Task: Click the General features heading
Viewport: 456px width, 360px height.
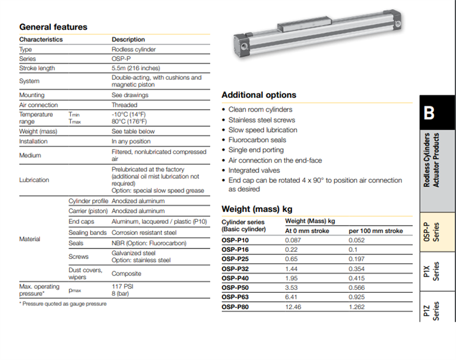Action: (x=53, y=27)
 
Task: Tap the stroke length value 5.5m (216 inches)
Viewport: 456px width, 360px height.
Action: (x=140, y=68)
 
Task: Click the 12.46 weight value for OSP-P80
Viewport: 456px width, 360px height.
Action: (x=294, y=307)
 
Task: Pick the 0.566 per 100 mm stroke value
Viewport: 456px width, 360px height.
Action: (x=359, y=287)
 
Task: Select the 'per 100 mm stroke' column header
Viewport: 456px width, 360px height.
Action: (x=376, y=230)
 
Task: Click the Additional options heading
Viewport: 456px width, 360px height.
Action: (x=259, y=95)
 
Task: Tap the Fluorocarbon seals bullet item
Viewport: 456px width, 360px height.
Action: (x=257, y=140)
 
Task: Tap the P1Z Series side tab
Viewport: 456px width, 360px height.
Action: (x=436, y=311)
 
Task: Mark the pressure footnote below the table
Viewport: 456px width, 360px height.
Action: (x=62, y=304)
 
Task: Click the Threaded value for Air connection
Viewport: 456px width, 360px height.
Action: (x=124, y=105)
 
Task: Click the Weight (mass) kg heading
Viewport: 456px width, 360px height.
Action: (x=257, y=209)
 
